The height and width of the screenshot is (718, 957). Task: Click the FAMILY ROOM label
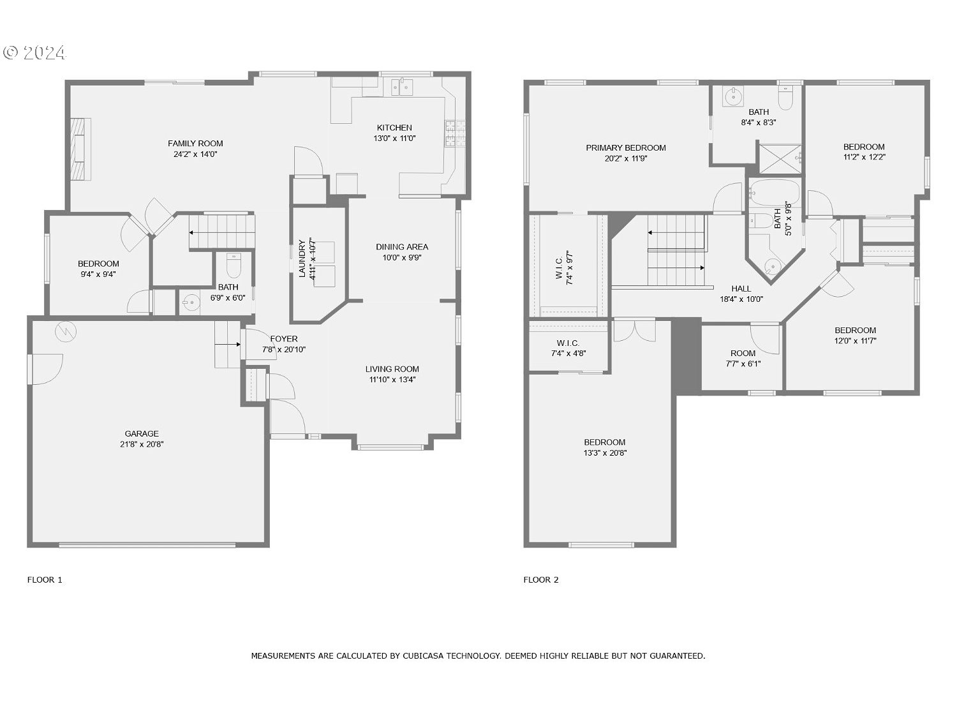pyautogui.click(x=195, y=143)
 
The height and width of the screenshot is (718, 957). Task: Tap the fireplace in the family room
pyautogui.click(x=79, y=149)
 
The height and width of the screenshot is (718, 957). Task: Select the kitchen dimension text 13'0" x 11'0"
pyautogui.click(x=394, y=138)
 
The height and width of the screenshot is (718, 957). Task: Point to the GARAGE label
pyautogui.click(x=142, y=433)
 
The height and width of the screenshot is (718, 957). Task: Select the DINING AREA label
pyautogui.click(x=402, y=246)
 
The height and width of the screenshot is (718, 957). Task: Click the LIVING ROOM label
pyautogui.click(x=392, y=368)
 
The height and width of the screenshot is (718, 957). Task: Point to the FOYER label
pyautogui.click(x=283, y=338)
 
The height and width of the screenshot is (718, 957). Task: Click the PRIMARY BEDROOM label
pyautogui.click(x=626, y=147)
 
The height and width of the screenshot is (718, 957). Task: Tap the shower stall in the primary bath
pyautogui.click(x=779, y=159)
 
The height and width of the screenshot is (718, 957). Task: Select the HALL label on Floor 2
pyautogui.click(x=741, y=288)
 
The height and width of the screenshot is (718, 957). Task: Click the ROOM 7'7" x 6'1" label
pyautogui.click(x=743, y=353)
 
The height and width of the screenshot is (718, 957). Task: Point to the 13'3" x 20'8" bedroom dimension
pyautogui.click(x=604, y=453)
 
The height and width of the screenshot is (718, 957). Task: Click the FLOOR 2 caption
pyautogui.click(x=541, y=580)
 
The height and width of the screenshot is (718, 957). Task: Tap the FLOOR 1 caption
pyautogui.click(x=45, y=580)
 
